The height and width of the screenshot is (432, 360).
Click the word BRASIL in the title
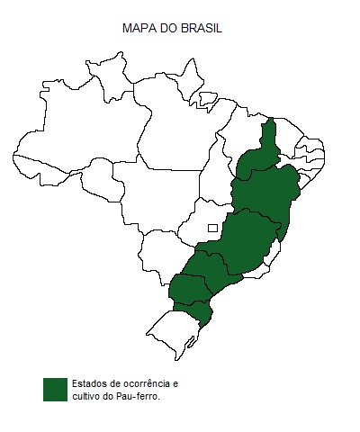coord(200,29)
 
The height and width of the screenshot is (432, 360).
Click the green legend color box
coord(55,389)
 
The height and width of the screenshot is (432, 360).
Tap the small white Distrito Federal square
coord(212,228)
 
